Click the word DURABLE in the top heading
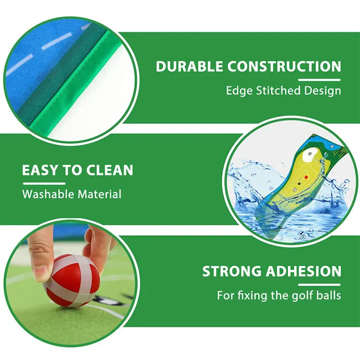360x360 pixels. pos(189,66)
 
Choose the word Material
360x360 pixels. pos(100,194)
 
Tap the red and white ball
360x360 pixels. pos(72,280)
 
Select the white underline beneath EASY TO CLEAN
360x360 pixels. pos(44,183)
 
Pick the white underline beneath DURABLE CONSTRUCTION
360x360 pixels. pos(319,79)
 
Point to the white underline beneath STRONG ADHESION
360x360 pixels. pos(319,284)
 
